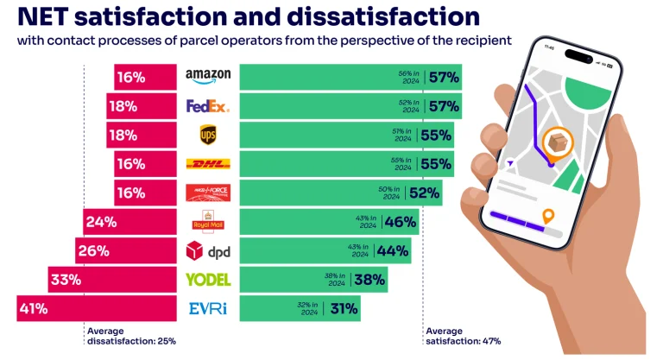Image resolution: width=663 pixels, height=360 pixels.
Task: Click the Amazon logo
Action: pyautogui.click(x=208, y=77)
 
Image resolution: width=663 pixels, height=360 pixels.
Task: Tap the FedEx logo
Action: pyautogui.click(x=208, y=106)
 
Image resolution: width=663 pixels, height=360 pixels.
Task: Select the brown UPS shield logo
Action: pyautogui.click(x=208, y=135)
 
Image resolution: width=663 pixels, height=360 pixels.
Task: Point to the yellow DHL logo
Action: pyautogui.click(x=208, y=164)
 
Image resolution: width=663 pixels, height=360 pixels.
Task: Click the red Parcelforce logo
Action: pyautogui.click(x=208, y=193)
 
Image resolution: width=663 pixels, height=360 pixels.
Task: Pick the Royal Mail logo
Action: pyautogui.click(x=208, y=222)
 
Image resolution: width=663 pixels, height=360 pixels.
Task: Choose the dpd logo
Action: pyautogui.click(x=208, y=251)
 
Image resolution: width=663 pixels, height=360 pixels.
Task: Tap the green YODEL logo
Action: pyautogui.click(x=208, y=280)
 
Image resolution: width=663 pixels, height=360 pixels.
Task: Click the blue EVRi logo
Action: pyautogui.click(x=208, y=308)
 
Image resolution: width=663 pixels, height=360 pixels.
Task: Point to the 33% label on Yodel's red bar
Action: pyautogui.click(x=65, y=280)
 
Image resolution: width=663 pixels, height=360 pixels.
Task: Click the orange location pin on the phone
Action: pyautogui.click(x=546, y=216)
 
